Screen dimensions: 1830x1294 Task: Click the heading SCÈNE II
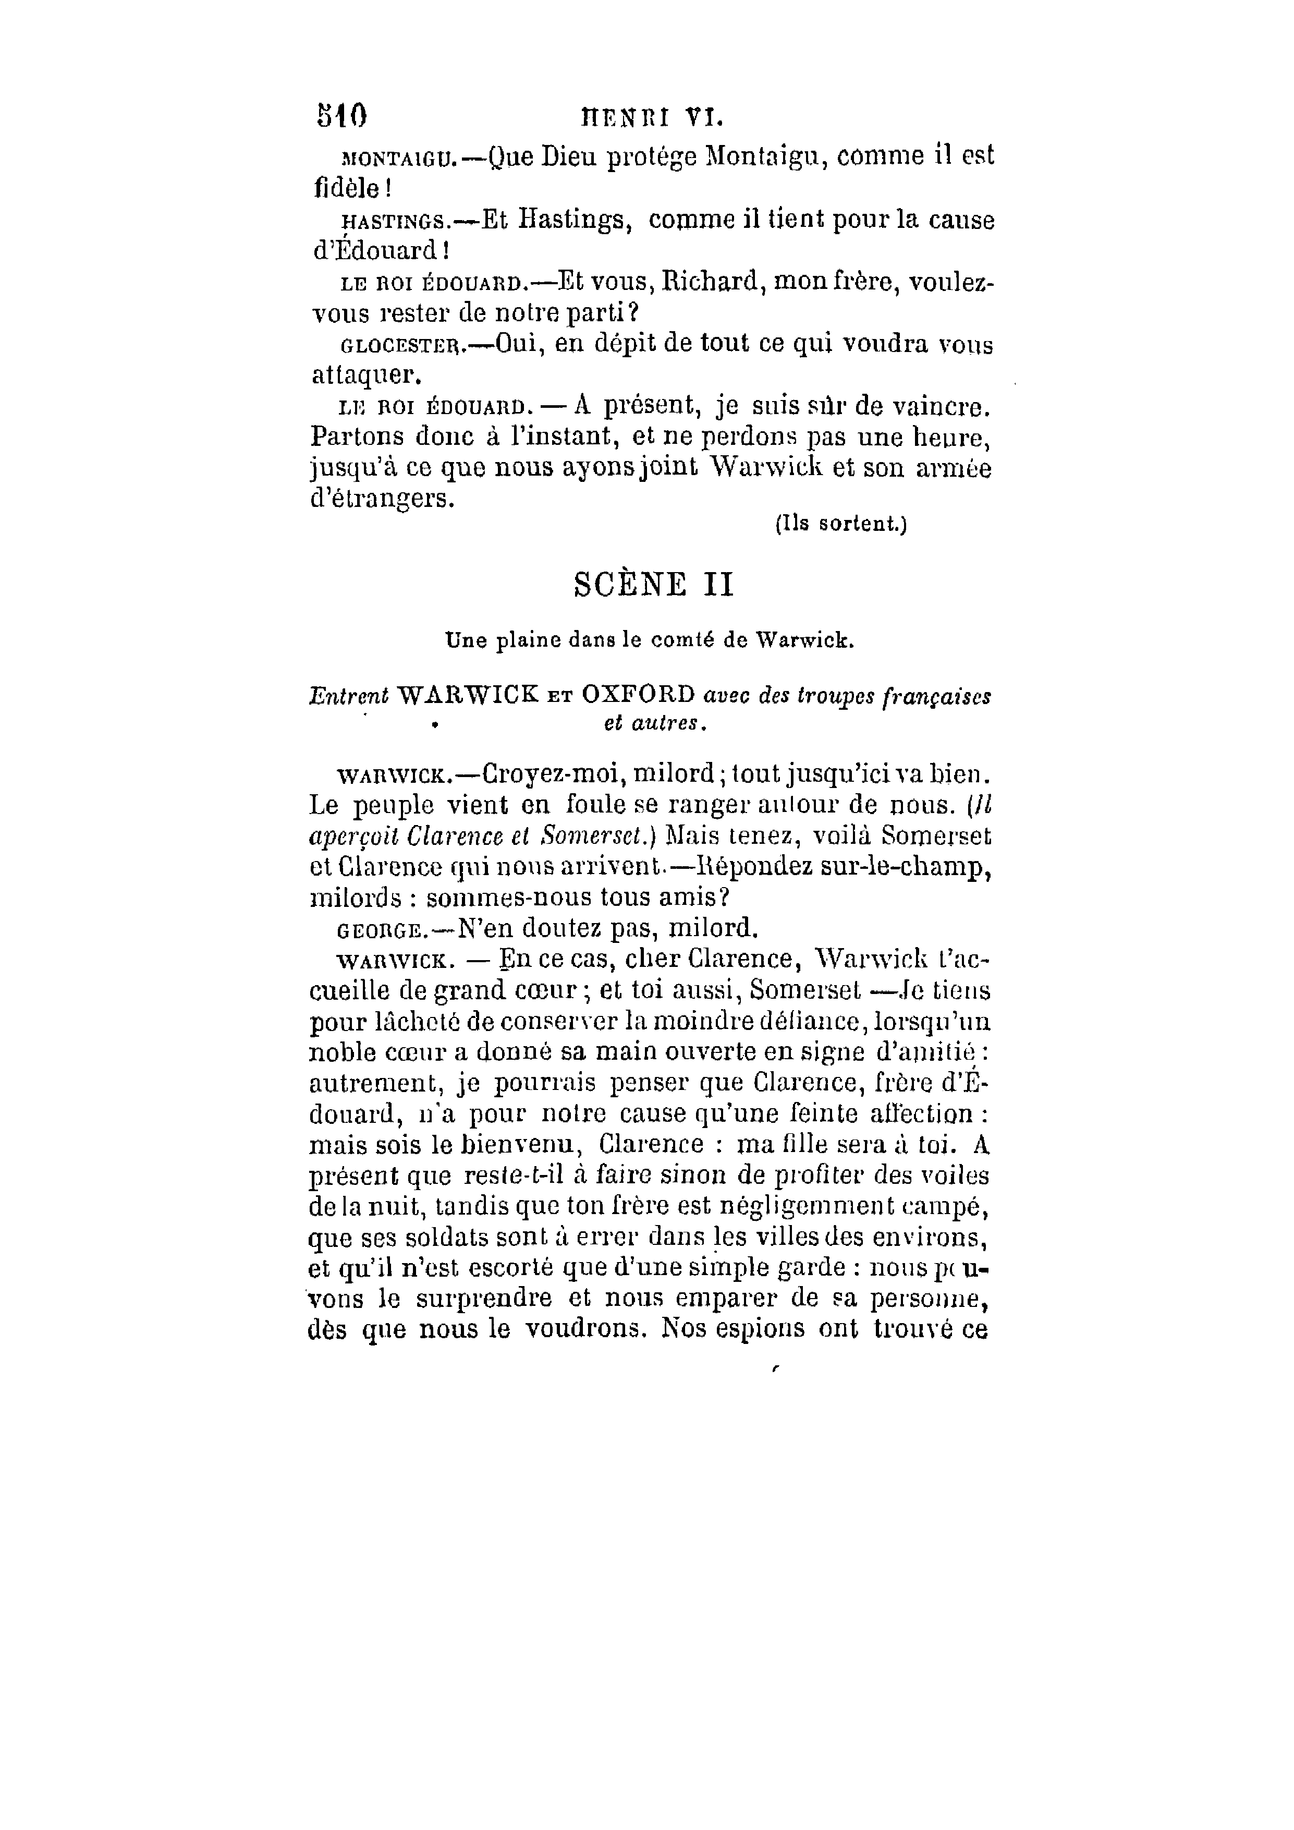coord(653,586)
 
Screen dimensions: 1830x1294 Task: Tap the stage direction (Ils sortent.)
coord(840,525)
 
